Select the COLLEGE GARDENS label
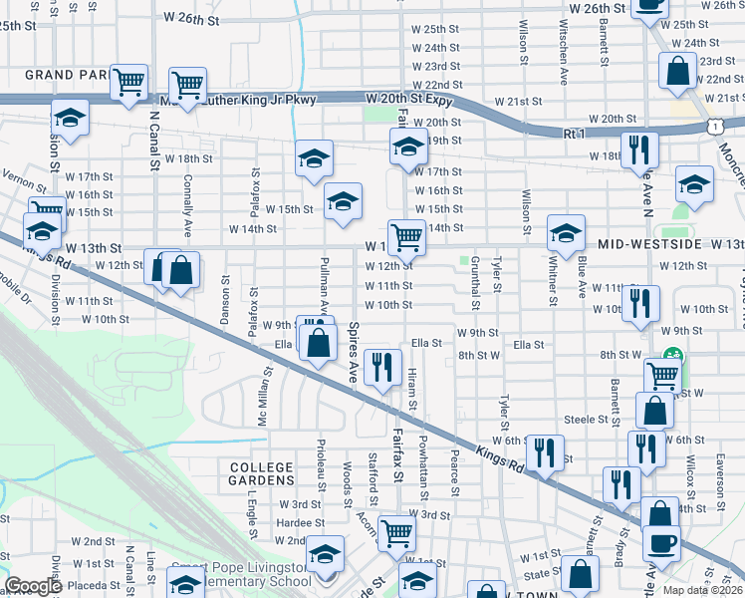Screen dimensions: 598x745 (x=262, y=474)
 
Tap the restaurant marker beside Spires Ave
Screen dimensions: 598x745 (x=382, y=368)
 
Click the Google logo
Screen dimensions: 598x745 (x=34, y=586)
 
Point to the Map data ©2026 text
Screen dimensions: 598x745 (x=701, y=589)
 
